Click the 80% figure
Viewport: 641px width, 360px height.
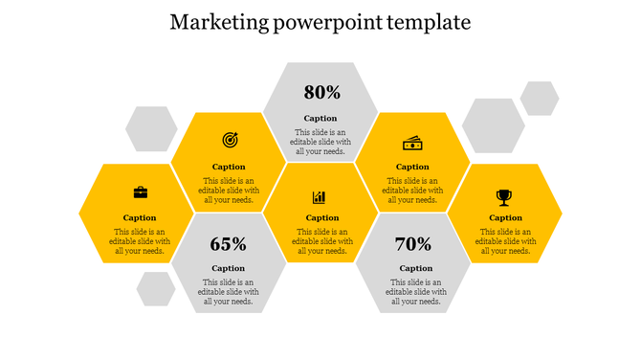point(321,93)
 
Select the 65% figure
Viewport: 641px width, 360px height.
point(228,244)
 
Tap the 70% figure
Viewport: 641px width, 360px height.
point(413,244)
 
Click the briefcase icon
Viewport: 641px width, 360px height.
point(141,192)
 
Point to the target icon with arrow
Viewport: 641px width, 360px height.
point(230,140)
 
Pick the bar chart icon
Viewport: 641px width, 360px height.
point(320,196)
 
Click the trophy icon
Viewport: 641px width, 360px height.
point(504,196)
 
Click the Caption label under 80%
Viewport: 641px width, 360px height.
point(320,119)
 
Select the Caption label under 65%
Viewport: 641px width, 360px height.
point(228,268)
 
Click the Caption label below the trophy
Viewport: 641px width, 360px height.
point(505,217)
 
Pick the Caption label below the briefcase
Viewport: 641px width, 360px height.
point(140,217)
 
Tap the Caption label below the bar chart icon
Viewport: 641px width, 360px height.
point(322,217)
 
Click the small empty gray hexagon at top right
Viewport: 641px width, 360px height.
point(539,98)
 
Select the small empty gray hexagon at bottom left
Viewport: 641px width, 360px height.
point(155,288)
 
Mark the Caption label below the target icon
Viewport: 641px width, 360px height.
point(229,167)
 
